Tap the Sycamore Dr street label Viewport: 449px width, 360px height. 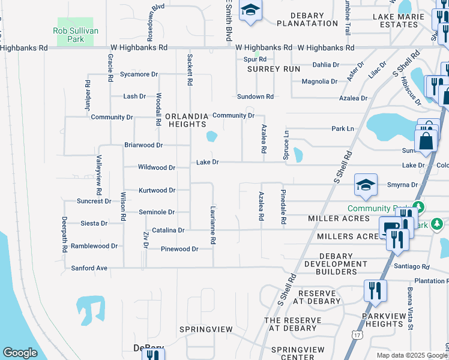click(x=139, y=74)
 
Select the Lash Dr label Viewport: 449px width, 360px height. click(x=134, y=96)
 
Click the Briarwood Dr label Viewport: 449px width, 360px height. click(x=143, y=145)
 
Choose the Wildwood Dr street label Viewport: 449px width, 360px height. click(x=156, y=168)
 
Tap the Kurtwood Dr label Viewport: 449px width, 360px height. click(x=157, y=190)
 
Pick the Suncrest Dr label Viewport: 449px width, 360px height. click(x=94, y=201)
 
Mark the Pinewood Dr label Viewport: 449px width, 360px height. click(x=179, y=248)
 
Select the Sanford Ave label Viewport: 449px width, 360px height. click(x=89, y=268)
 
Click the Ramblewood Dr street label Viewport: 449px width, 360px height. click(x=94, y=246)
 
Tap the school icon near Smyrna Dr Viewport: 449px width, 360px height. click(x=365, y=185)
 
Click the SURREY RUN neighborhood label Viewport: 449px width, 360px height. click(x=274, y=69)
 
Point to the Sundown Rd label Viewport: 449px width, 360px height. click(x=255, y=96)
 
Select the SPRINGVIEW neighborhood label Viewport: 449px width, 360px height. click(x=205, y=329)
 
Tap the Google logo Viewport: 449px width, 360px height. click(x=20, y=353)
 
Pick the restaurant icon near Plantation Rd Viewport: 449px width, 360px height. click(x=375, y=291)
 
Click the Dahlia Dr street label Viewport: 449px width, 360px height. click(x=330, y=65)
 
